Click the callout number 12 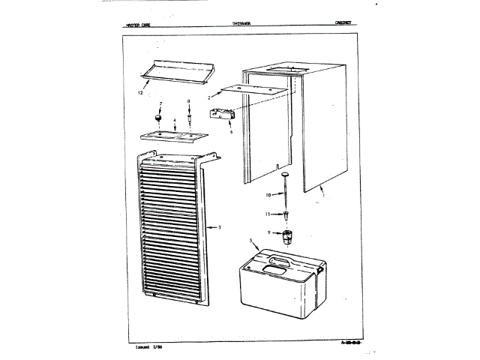click(141, 94)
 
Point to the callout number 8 click(189, 101)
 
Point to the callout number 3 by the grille click(219, 226)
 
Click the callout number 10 click(268, 195)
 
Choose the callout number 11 click(268, 214)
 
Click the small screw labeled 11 click(286, 214)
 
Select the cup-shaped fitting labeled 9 click(286, 238)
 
